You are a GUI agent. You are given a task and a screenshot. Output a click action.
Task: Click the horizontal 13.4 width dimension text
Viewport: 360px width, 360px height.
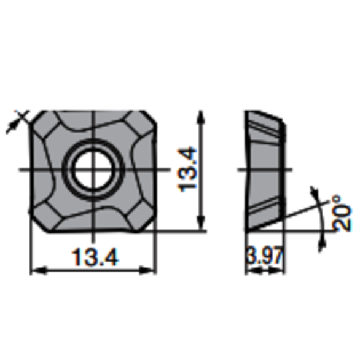pos(92,257)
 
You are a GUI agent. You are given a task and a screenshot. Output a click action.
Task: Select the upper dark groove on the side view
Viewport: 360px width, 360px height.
pos(266,131)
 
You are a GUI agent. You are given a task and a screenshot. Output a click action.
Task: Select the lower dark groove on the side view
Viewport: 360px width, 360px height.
pos(266,209)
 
